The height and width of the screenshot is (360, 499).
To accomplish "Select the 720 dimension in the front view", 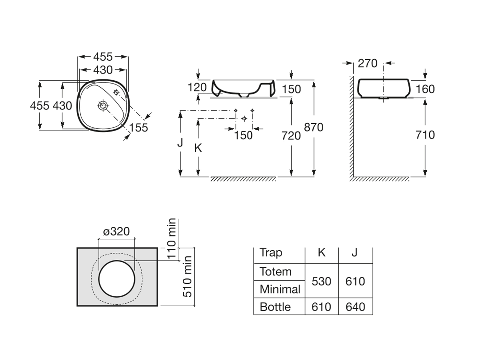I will click(291, 135).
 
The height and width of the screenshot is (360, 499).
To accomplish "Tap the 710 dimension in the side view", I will click(425, 135).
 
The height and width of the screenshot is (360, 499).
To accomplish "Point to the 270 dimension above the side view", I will click(368, 63).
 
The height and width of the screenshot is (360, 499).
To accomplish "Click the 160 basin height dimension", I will click(425, 89).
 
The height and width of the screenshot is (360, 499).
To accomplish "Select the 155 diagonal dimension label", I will click(138, 128).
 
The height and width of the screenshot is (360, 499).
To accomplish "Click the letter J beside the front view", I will click(180, 143).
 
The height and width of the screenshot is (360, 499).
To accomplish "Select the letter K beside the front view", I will click(198, 148).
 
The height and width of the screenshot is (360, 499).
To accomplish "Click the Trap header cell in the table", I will click(271, 253).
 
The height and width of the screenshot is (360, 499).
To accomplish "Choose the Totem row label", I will click(276, 272).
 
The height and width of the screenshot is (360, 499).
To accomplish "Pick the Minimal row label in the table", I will click(280, 289).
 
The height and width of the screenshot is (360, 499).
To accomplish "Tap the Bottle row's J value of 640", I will click(354, 307).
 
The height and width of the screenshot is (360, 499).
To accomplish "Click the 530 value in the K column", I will click(321, 281).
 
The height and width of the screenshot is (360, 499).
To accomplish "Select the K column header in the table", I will click(321, 253).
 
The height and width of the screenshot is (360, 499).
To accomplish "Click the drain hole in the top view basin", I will click(103, 105).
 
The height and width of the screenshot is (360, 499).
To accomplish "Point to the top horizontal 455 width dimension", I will click(103, 57).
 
